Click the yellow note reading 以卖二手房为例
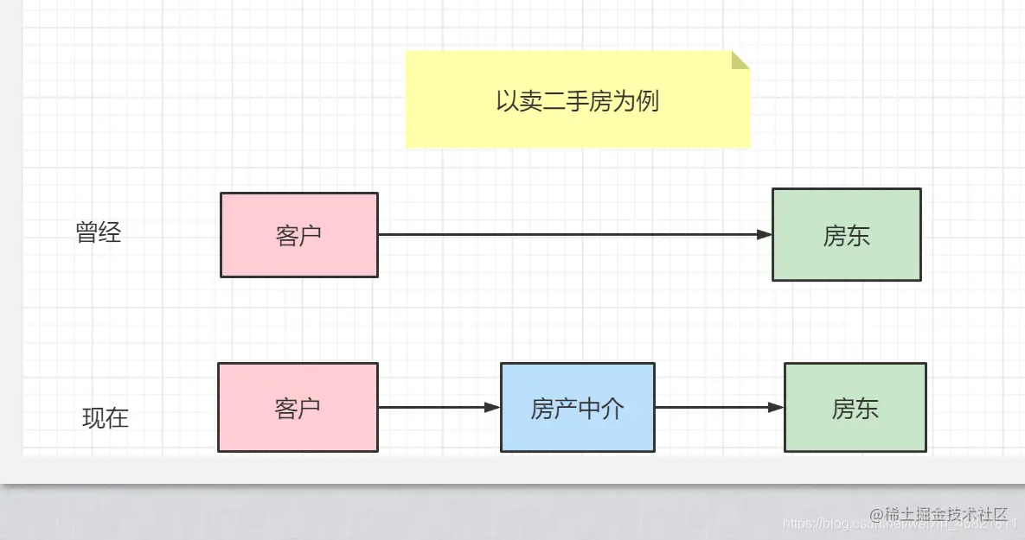(577, 100)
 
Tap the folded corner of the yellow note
(740, 60)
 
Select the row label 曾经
(99, 232)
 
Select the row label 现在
(106, 418)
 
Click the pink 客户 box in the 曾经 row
(299, 235)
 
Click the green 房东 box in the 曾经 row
(846, 235)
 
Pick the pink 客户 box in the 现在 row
(298, 408)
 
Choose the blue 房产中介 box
(577, 408)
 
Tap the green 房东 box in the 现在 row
(855, 408)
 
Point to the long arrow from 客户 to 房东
(571, 234)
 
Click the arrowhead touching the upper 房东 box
(764, 234)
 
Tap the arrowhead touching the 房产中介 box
(492, 407)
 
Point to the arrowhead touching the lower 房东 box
(776, 407)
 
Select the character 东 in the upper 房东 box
(858, 236)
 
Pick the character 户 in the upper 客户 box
(311, 236)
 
